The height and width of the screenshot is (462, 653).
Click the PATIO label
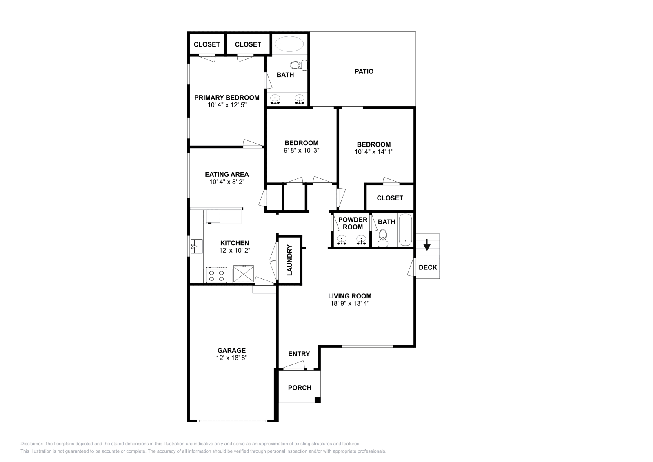pos(364,71)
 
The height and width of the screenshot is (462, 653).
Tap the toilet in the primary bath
pos(298,65)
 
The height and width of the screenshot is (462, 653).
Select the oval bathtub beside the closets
pos(289,44)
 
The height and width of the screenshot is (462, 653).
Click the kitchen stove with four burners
pos(216,275)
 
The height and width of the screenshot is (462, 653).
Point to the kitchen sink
pos(196,246)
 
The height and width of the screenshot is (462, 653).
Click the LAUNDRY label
pos(289,260)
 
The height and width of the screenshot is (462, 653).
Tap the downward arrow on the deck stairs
pos(427,245)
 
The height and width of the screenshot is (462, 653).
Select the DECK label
pos(428,267)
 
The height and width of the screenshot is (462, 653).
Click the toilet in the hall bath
pos(382,238)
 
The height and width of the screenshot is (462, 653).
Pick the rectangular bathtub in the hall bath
pos(405,230)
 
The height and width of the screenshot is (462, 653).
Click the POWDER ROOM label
pos(353,223)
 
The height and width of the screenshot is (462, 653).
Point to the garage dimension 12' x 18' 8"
pos(231,358)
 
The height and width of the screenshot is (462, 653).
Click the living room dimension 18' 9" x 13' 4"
pos(349,303)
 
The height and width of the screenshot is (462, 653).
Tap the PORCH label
pos(300,388)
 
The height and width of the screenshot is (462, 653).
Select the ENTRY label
pos(299,354)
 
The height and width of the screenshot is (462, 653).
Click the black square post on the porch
pos(318,400)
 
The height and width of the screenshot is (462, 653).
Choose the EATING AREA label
pos(227,174)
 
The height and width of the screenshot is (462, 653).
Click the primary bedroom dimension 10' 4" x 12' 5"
pos(227,105)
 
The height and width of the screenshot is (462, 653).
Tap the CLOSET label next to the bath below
pos(390,198)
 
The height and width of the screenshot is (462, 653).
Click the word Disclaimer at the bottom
pos(32,444)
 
